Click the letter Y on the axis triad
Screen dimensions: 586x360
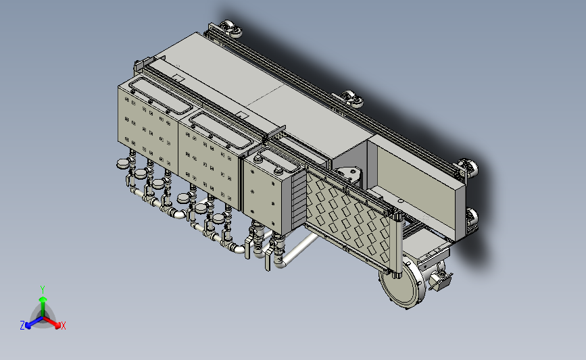[43, 290]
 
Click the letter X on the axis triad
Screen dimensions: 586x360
[63, 326]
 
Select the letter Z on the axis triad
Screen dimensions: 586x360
[22, 326]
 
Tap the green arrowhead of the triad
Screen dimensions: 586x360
[43, 299]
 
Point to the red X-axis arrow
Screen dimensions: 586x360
[51, 322]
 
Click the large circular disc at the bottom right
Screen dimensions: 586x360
[401, 284]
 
